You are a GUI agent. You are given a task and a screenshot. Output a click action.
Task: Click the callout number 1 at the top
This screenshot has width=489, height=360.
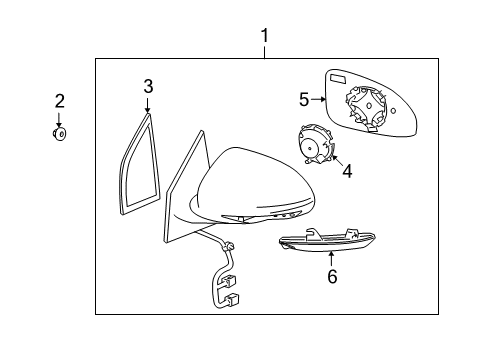265,37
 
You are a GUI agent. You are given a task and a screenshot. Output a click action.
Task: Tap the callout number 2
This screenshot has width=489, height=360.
59,100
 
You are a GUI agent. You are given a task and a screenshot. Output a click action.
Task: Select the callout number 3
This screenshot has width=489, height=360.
147,86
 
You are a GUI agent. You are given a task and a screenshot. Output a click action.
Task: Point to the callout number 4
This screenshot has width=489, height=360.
346,171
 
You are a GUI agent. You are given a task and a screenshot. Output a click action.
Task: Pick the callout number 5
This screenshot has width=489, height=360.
304,99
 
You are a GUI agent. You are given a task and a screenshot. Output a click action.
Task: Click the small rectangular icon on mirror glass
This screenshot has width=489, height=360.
338,79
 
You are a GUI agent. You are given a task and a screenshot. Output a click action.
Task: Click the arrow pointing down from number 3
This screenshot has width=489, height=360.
147,103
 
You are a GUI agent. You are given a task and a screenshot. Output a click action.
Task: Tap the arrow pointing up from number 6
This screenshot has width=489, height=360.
332,259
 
